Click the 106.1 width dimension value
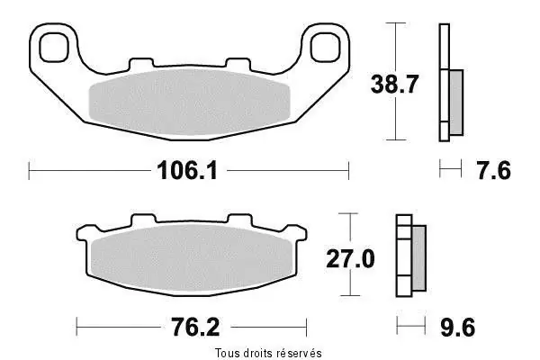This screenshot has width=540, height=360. [187, 171]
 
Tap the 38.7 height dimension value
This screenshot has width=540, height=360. [394, 84]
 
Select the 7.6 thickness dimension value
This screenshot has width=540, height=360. [494, 171]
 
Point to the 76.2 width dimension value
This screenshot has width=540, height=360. [195, 327]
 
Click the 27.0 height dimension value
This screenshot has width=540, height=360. [350, 258]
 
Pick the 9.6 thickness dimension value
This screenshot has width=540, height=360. [458, 328]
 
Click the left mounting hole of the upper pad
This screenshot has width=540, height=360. [54, 48]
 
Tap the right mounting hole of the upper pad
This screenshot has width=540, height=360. [325, 48]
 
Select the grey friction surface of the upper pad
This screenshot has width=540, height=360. [189, 102]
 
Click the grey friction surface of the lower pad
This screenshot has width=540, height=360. [192, 258]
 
